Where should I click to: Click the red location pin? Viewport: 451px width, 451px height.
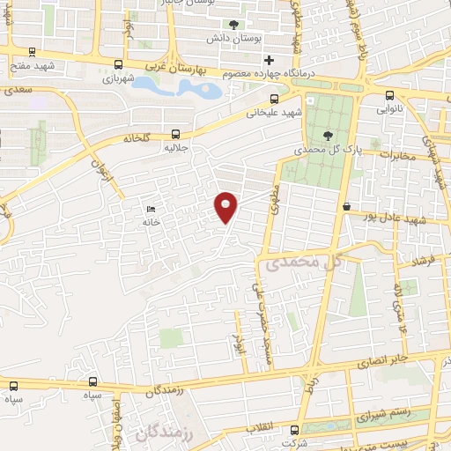226,208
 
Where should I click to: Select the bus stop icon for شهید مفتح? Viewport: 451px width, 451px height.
33,52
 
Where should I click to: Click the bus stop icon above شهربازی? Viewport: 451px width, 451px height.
118,63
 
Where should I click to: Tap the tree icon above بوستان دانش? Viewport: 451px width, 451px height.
233,26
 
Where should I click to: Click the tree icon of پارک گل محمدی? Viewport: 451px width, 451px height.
329,136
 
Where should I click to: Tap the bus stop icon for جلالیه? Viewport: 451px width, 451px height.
178,135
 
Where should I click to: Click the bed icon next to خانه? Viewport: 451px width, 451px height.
151,210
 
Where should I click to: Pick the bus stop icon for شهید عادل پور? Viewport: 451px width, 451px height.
346,206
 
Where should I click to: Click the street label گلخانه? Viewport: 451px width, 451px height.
140,138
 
